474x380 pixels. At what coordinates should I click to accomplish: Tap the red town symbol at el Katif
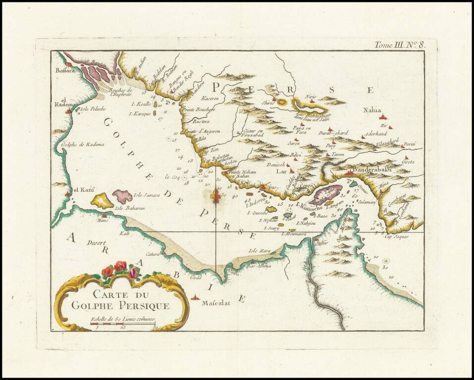(x=67, y=194)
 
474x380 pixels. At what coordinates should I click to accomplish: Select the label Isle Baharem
(x=130, y=208)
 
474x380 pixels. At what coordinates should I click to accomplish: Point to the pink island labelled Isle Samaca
(x=122, y=196)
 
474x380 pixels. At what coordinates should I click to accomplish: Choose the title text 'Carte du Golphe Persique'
(x=120, y=300)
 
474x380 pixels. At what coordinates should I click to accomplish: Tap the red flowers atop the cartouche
(x=120, y=269)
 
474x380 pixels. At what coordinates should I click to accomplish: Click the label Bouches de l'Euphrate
(x=121, y=92)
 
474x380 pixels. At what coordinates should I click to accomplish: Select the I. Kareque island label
(x=139, y=114)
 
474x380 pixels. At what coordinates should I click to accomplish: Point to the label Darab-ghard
(x=333, y=133)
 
